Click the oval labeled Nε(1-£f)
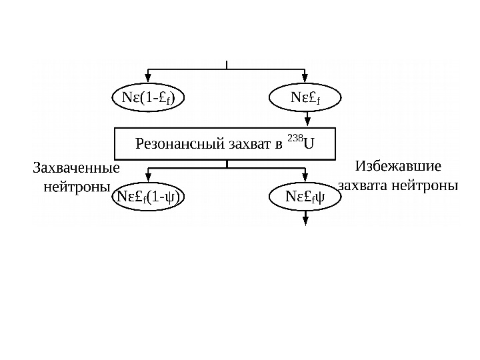pos(148,99)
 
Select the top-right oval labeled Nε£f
pos(305,99)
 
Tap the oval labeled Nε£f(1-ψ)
pos(148,197)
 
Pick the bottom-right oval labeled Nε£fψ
pos(305,197)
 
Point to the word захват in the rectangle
pos(243,143)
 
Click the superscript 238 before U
pos(295,139)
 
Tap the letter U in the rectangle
pos(309,143)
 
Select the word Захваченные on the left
pos(71,168)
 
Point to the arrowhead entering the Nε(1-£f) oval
pos(148,81)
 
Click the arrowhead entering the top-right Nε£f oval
pos(305,81)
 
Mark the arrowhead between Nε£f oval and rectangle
pos(305,122)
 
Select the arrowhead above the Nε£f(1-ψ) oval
pos(148,181)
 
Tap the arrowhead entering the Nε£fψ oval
pos(305,181)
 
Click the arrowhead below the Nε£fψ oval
pos(305,217)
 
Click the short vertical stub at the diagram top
pos(227,64)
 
